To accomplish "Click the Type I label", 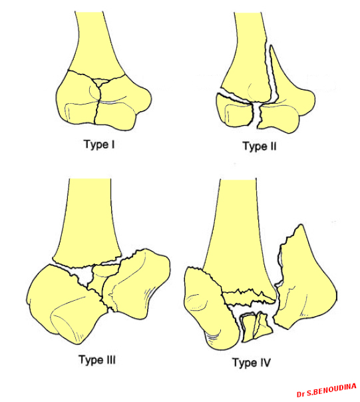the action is click(x=99, y=144).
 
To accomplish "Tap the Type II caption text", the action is click(x=260, y=146).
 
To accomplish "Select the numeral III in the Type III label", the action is click(x=108, y=359).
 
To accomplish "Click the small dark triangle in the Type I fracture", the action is click(x=100, y=82).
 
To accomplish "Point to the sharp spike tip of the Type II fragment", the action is click(x=271, y=46).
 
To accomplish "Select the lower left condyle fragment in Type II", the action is click(x=234, y=110).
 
